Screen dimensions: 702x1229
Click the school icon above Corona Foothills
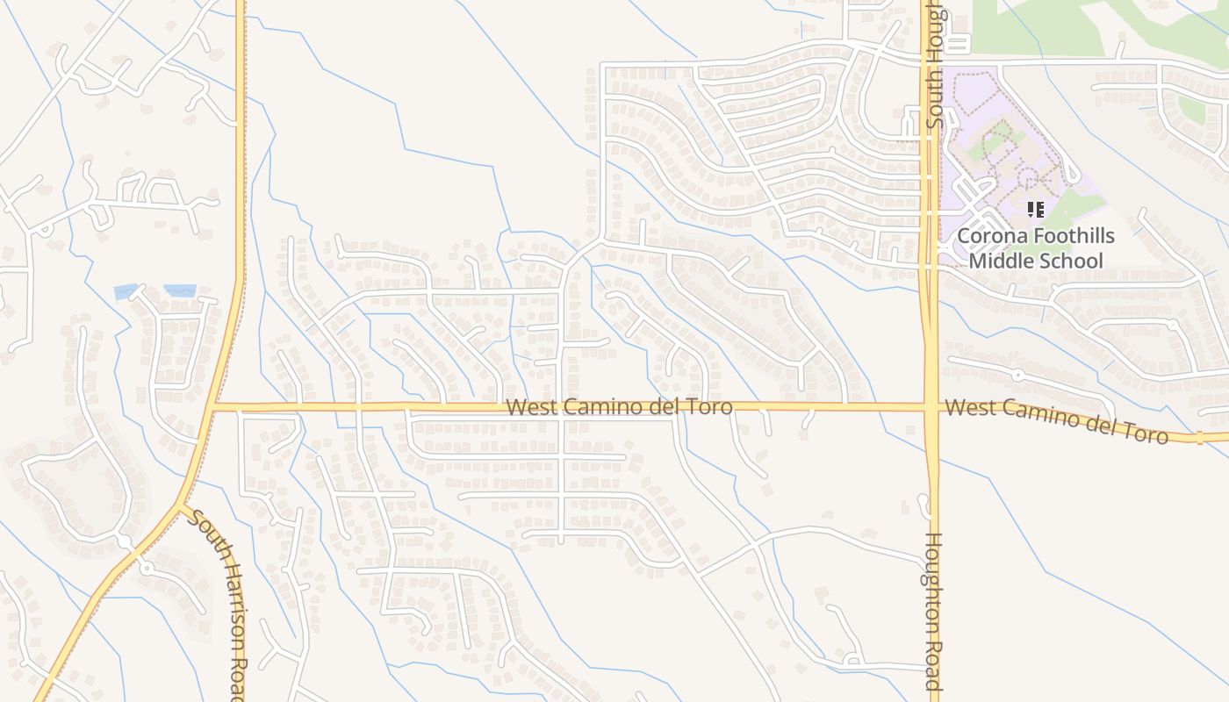pyautogui.click(x=1036, y=210)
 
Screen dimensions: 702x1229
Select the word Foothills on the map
pyautogui.click(x=1072, y=236)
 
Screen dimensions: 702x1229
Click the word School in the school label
pyautogui.click(x=1072, y=261)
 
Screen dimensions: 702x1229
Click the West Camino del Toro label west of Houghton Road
pyautogui.click(x=620, y=407)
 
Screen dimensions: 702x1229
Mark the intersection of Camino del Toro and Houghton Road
pyautogui.click(x=931, y=407)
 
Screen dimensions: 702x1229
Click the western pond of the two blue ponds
pyautogui.click(x=126, y=291)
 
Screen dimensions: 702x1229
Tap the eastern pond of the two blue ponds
pyautogui.click(x=180, y=290)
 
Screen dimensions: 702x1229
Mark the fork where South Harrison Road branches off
pyautogui.click(x=180, y=505)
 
